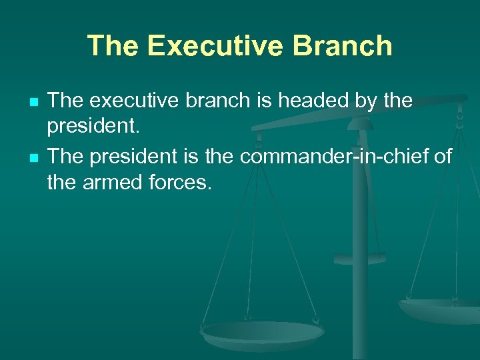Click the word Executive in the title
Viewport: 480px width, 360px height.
217,47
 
